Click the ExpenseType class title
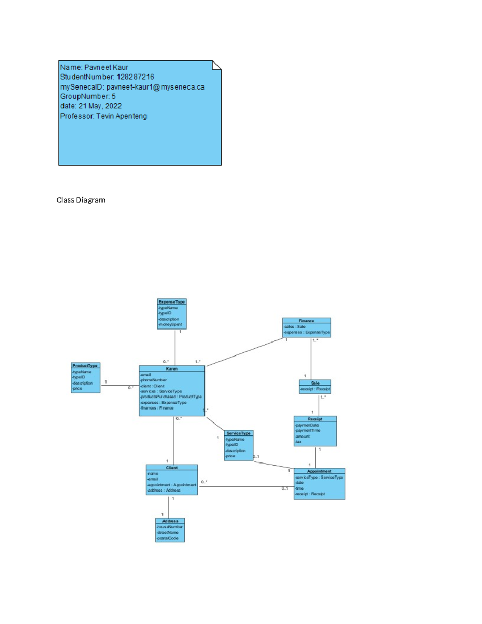tap(172, 302)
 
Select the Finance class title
tap(306, 321)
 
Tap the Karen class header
tap(172, 368)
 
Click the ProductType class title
tap(85, 366)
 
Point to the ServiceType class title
tap(238, 433)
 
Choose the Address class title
tap(170, 521)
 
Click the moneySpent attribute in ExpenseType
tap(170, 324)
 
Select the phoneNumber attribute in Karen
tap(154, 380)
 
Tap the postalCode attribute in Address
tap(168, 538)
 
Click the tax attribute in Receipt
tap(298, 442)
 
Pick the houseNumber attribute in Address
tap(170, 526)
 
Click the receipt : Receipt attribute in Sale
tap(315, 389)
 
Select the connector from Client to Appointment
tap(245, 486)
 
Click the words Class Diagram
tap(81, 200)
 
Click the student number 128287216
tap(135, 77)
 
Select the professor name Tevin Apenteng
tap(122, 116)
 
